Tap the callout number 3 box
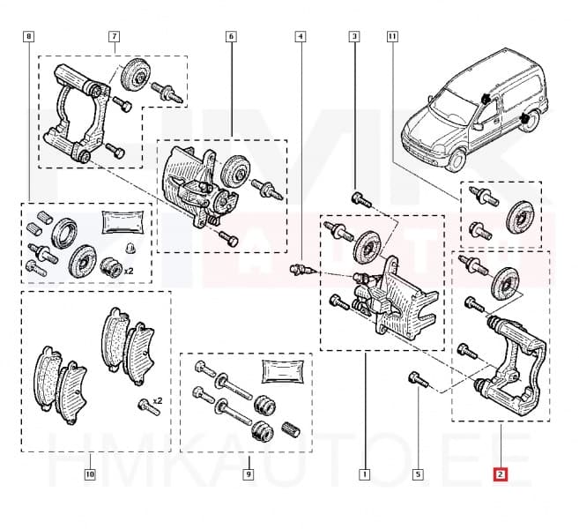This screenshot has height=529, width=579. click(x=354, y=37)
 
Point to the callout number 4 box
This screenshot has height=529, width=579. click(x=301, y=37)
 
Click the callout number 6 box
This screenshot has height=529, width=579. click(x=231, y=37)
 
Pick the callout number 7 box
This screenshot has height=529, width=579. click(x=114, y=37)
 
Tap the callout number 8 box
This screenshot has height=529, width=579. click(x=29, y=37)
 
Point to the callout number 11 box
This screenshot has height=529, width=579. click(x=392, y=37)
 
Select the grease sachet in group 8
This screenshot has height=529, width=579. click(x=116, y=222)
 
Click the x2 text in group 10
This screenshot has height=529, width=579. click(x=157, y=401)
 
